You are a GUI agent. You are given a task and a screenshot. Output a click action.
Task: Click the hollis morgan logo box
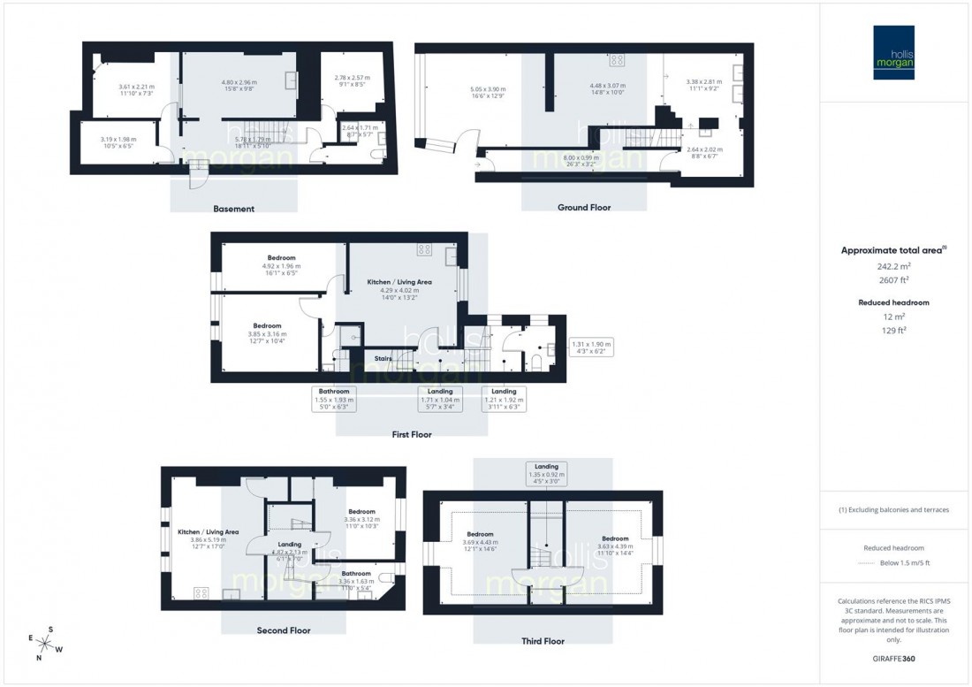pos(895,52)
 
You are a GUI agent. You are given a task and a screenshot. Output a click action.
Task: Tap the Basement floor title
pos(233,210)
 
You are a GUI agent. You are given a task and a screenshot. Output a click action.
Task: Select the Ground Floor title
pos(584,208)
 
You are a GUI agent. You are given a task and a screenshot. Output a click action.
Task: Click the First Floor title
pos(412,435)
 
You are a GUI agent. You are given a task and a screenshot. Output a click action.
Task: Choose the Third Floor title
pos(543,641)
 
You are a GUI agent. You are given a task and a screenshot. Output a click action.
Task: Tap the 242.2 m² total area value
pos(895,266)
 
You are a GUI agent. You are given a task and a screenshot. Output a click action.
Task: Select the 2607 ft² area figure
pos(895,280)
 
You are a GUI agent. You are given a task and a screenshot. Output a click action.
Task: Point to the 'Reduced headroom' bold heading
pos(895,302)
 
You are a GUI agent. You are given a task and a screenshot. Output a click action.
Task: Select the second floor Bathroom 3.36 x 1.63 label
pos(357,577)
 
